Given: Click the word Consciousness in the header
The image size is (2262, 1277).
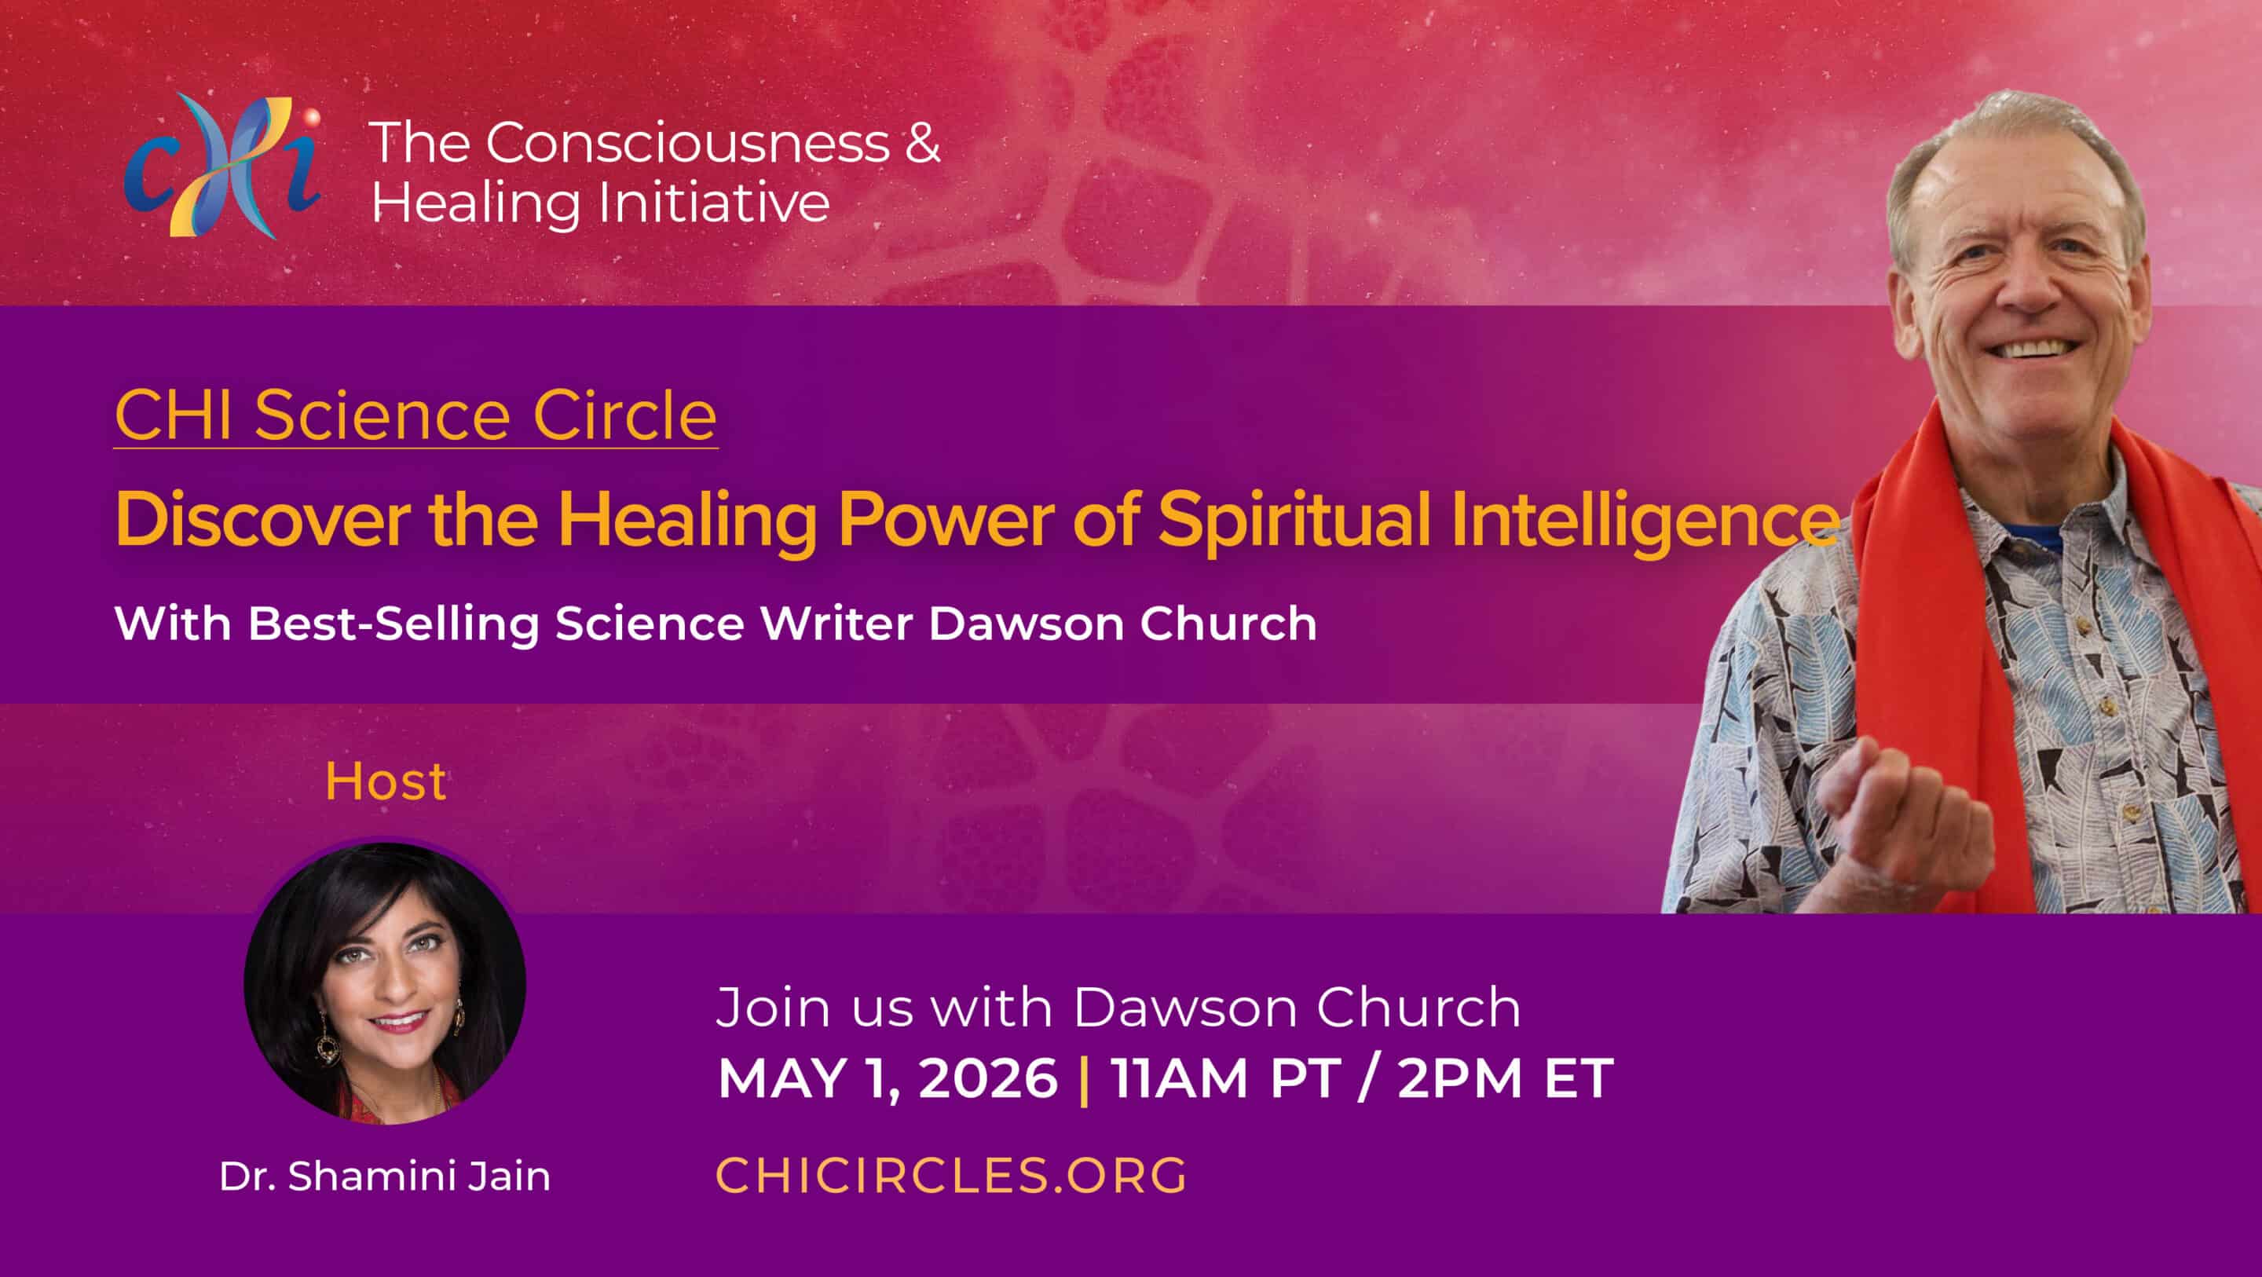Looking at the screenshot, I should [689, 142].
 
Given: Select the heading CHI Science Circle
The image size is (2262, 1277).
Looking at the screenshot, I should [415, 415].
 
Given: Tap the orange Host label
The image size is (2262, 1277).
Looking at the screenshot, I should [386, 781].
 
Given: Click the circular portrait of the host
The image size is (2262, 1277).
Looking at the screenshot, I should [385, 983].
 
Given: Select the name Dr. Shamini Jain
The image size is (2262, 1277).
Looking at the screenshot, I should [385, 1176].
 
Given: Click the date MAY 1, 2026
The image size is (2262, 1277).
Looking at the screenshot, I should [888, 1078].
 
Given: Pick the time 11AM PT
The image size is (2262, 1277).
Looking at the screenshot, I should [1226, 1078].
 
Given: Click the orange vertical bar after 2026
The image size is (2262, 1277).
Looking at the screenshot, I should [1085, 1079].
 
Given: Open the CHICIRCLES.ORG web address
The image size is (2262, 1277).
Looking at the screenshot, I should [951, 1175].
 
